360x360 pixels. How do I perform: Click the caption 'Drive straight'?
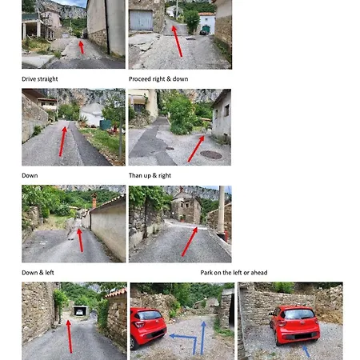[x=40, y=79]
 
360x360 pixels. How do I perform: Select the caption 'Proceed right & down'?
[x=158, y=79]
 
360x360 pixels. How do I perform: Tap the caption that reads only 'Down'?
[x=30, y=175]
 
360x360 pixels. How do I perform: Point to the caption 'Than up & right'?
[x=150, y=175]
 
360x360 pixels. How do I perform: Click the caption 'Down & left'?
[x=38, y=273]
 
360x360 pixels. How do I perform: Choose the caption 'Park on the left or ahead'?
[x=234, y=273]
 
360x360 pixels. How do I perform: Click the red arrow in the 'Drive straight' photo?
[x=82, y=47]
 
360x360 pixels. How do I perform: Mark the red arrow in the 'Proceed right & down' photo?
[x=177, y=41]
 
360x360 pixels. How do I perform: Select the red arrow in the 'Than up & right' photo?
[x=196, y=149]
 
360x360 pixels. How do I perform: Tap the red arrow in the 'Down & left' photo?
[x=80, y=240]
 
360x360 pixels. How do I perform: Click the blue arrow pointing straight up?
[x=203, y=338]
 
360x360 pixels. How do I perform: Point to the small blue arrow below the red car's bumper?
[x=306, y=350]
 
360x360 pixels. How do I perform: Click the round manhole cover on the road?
[x=211, y=154]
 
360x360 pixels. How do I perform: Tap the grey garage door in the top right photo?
[x=141, y=20]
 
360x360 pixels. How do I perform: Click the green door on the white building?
[x=206, y=29]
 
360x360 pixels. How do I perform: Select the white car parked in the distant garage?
[x=79, y=312]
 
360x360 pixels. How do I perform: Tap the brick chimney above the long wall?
[x=94, y=201]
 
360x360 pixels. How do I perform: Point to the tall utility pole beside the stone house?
[x=222, y=210]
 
